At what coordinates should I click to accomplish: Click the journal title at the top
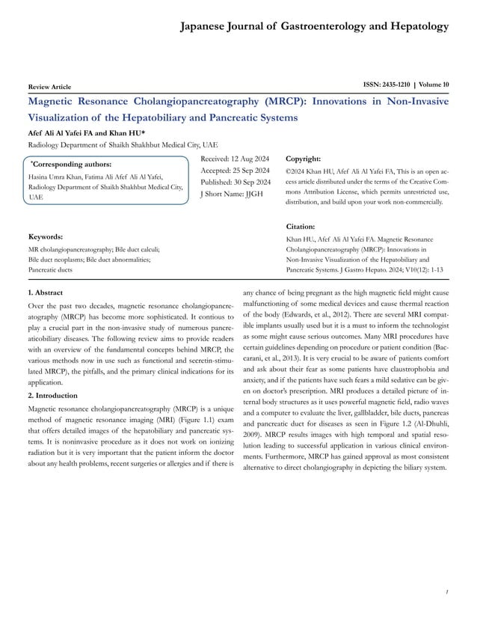[315, 28]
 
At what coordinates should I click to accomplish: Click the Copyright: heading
[304, 159]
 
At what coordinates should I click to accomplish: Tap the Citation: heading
[301, 225]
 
